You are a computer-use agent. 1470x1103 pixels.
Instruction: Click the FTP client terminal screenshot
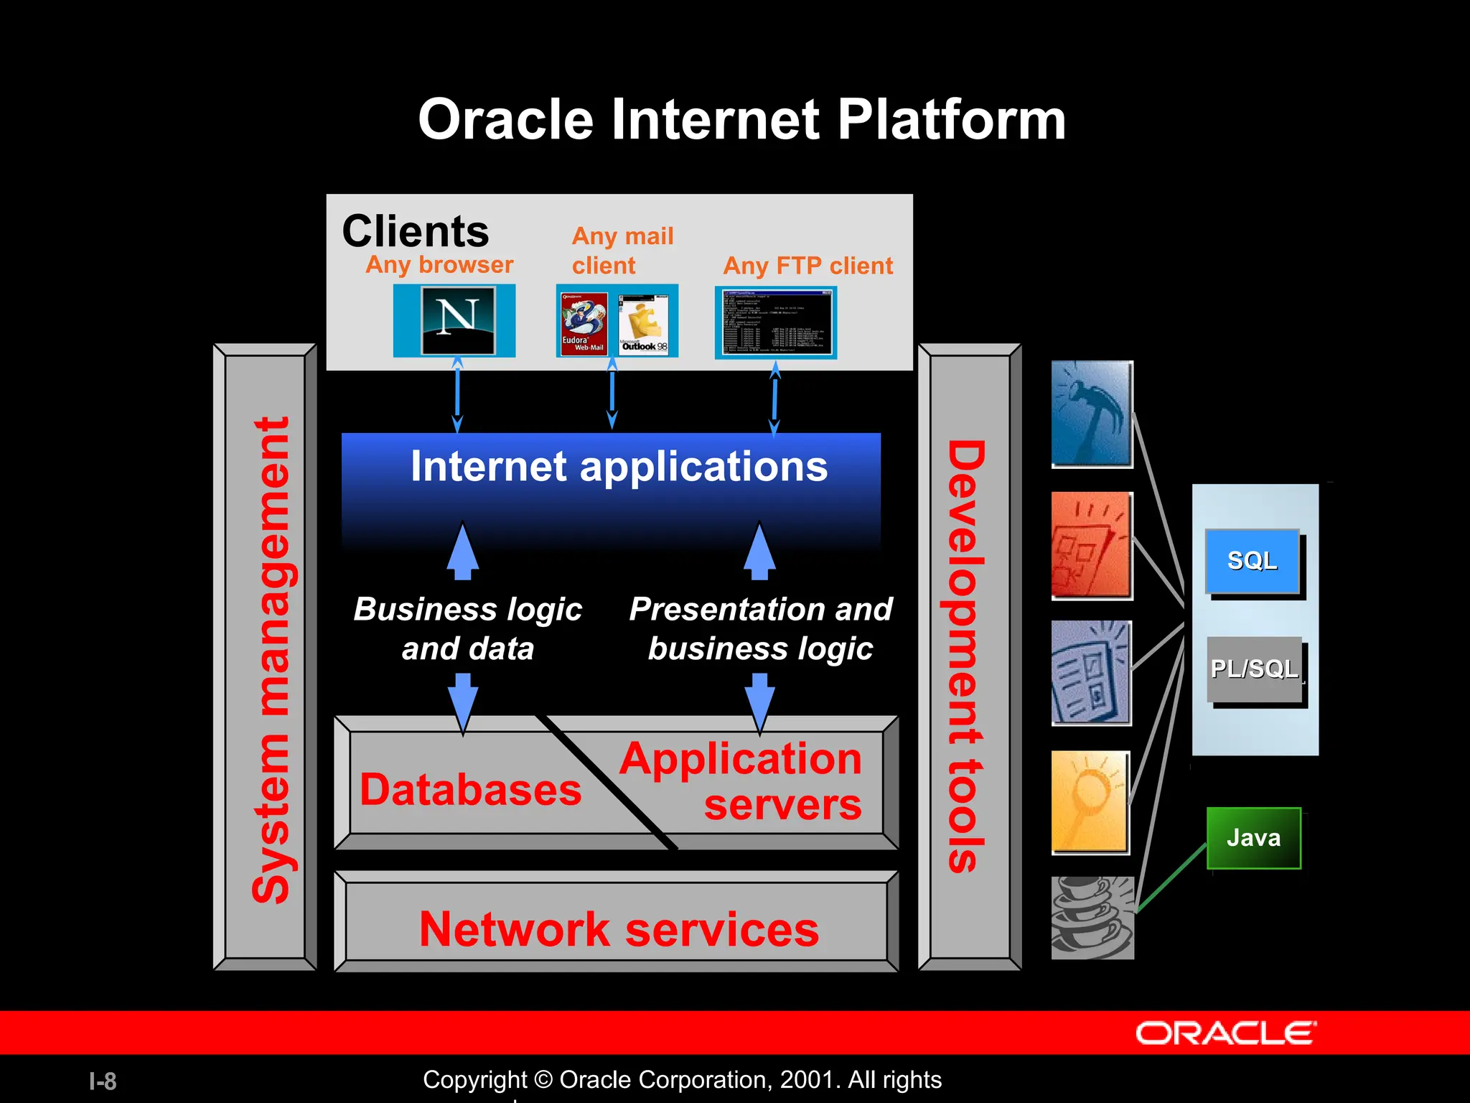click(x=776, y=322)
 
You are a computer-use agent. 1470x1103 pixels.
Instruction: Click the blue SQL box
click(x=1253, y=561)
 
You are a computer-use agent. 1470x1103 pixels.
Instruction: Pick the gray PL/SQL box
click(x=1254, y=669)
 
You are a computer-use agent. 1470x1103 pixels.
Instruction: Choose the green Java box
click(x=1253, y=838)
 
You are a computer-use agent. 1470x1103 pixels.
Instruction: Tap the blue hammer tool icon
click(x=1091, y=414)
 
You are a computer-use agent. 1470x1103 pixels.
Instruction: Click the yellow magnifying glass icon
click(x=1090, y=801)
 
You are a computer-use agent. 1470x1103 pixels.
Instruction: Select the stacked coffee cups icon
click(x=1092, y=918)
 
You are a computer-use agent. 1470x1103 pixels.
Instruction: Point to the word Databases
click(x=470, y=790)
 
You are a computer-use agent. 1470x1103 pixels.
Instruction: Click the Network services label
click(x=619, y=929)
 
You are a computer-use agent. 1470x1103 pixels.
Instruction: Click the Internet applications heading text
click(x=619, y=467)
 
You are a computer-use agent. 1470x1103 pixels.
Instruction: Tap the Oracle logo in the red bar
click(x=1225, y=1033)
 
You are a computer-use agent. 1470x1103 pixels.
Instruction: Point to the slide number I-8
click(x=103, y=1081)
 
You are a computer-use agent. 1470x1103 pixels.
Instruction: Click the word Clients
click(x=415, y=231)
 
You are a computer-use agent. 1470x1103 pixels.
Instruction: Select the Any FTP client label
click(x=807, y=266)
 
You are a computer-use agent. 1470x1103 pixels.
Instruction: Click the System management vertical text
click(x=271, y=659)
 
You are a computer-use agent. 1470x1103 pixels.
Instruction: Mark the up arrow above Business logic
click(x=463, y=551)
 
